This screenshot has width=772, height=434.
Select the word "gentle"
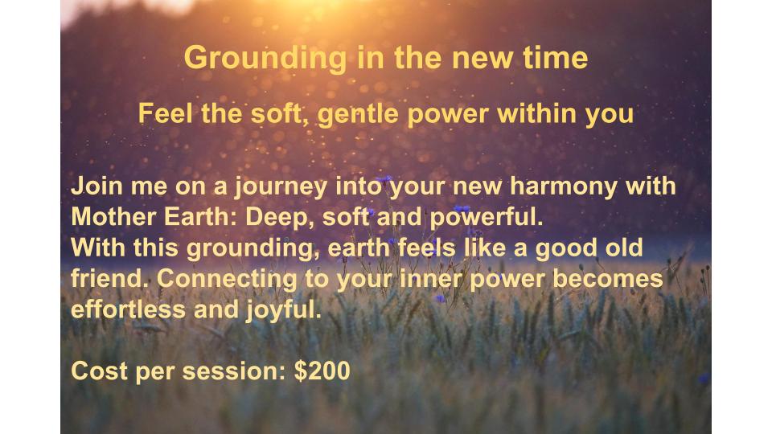coord(358,115)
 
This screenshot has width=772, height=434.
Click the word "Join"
coord(96,186)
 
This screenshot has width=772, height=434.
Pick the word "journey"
coord(281,188)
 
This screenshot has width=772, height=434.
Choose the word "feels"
coord(426,248)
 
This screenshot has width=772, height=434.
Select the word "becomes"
coord(608,279)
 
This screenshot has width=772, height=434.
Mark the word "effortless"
coord(129,309)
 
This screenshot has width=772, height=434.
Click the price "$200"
coord(322,371)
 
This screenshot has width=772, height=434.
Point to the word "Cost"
coord(100,371)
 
